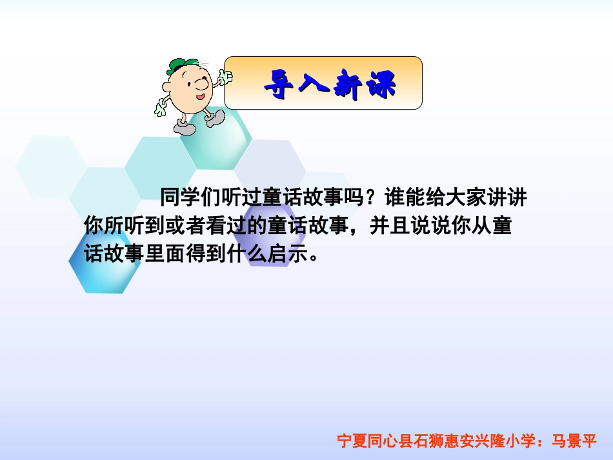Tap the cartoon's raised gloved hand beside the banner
coord(225,77)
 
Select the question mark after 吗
coord(378,195)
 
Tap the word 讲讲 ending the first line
coord(520,195)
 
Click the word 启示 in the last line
coord(283,254)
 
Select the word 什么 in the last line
coord(236,254)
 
